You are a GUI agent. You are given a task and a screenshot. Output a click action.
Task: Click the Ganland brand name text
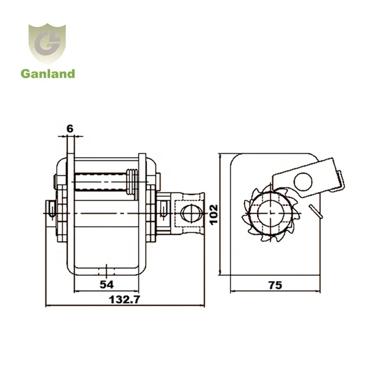coord(48,74)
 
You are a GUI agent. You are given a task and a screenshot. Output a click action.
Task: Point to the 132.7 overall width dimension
coord(125,300)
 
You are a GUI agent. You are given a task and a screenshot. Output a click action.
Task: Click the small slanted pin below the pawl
coord(316,209)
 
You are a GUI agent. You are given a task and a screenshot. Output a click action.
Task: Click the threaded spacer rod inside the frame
coord(102,180)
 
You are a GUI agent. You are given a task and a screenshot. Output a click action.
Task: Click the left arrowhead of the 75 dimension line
coord(232,292)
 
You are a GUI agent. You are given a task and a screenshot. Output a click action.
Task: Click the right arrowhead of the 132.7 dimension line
coord(203,306)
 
